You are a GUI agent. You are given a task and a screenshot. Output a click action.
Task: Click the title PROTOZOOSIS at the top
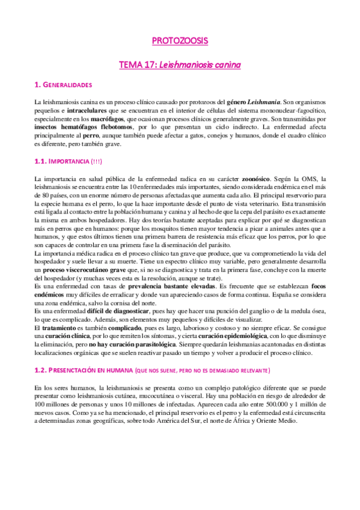[x=180, y=41]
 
